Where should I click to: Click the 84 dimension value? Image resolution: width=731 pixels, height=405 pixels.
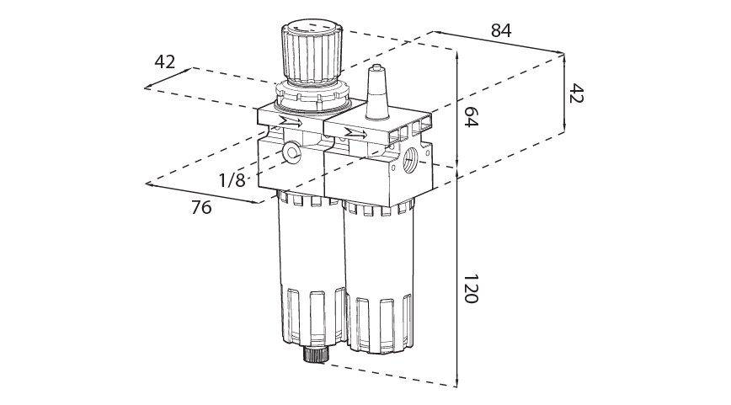pos(501,30)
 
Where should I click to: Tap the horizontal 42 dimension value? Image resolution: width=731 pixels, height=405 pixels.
pos(165,61)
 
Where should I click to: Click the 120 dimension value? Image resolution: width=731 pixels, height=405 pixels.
pos(471,290)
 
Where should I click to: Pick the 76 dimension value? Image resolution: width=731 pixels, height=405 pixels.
pos(201,207)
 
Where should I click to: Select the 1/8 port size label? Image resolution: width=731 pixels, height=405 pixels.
pos(232,179)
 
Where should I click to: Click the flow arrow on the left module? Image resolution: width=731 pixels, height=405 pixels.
pos(291,123)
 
